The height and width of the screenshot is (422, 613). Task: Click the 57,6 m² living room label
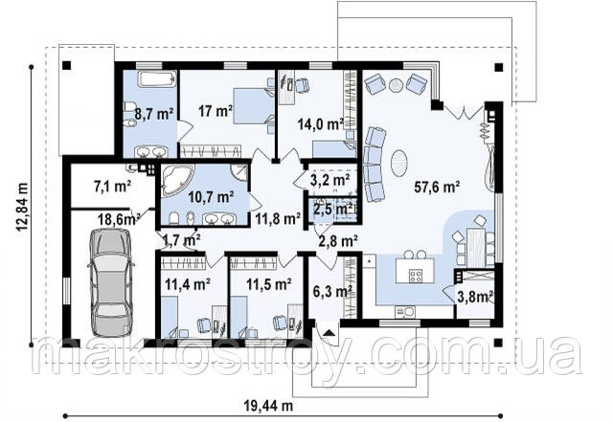437,188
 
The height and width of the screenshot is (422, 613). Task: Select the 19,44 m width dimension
269,407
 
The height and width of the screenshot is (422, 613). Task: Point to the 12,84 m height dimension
22,207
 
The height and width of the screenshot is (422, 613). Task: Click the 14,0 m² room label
321,124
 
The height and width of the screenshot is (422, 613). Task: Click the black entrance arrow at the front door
329,332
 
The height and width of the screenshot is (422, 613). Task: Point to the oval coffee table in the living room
400,162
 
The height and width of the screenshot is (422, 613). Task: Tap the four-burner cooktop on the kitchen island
416,277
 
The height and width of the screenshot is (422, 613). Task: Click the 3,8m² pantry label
474,298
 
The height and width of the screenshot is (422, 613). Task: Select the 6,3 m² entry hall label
333,291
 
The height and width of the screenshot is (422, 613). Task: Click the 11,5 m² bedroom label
268,283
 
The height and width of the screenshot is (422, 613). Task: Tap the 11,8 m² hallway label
278,218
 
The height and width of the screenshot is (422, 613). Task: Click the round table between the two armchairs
396,85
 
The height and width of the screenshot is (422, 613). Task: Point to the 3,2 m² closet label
329,180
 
